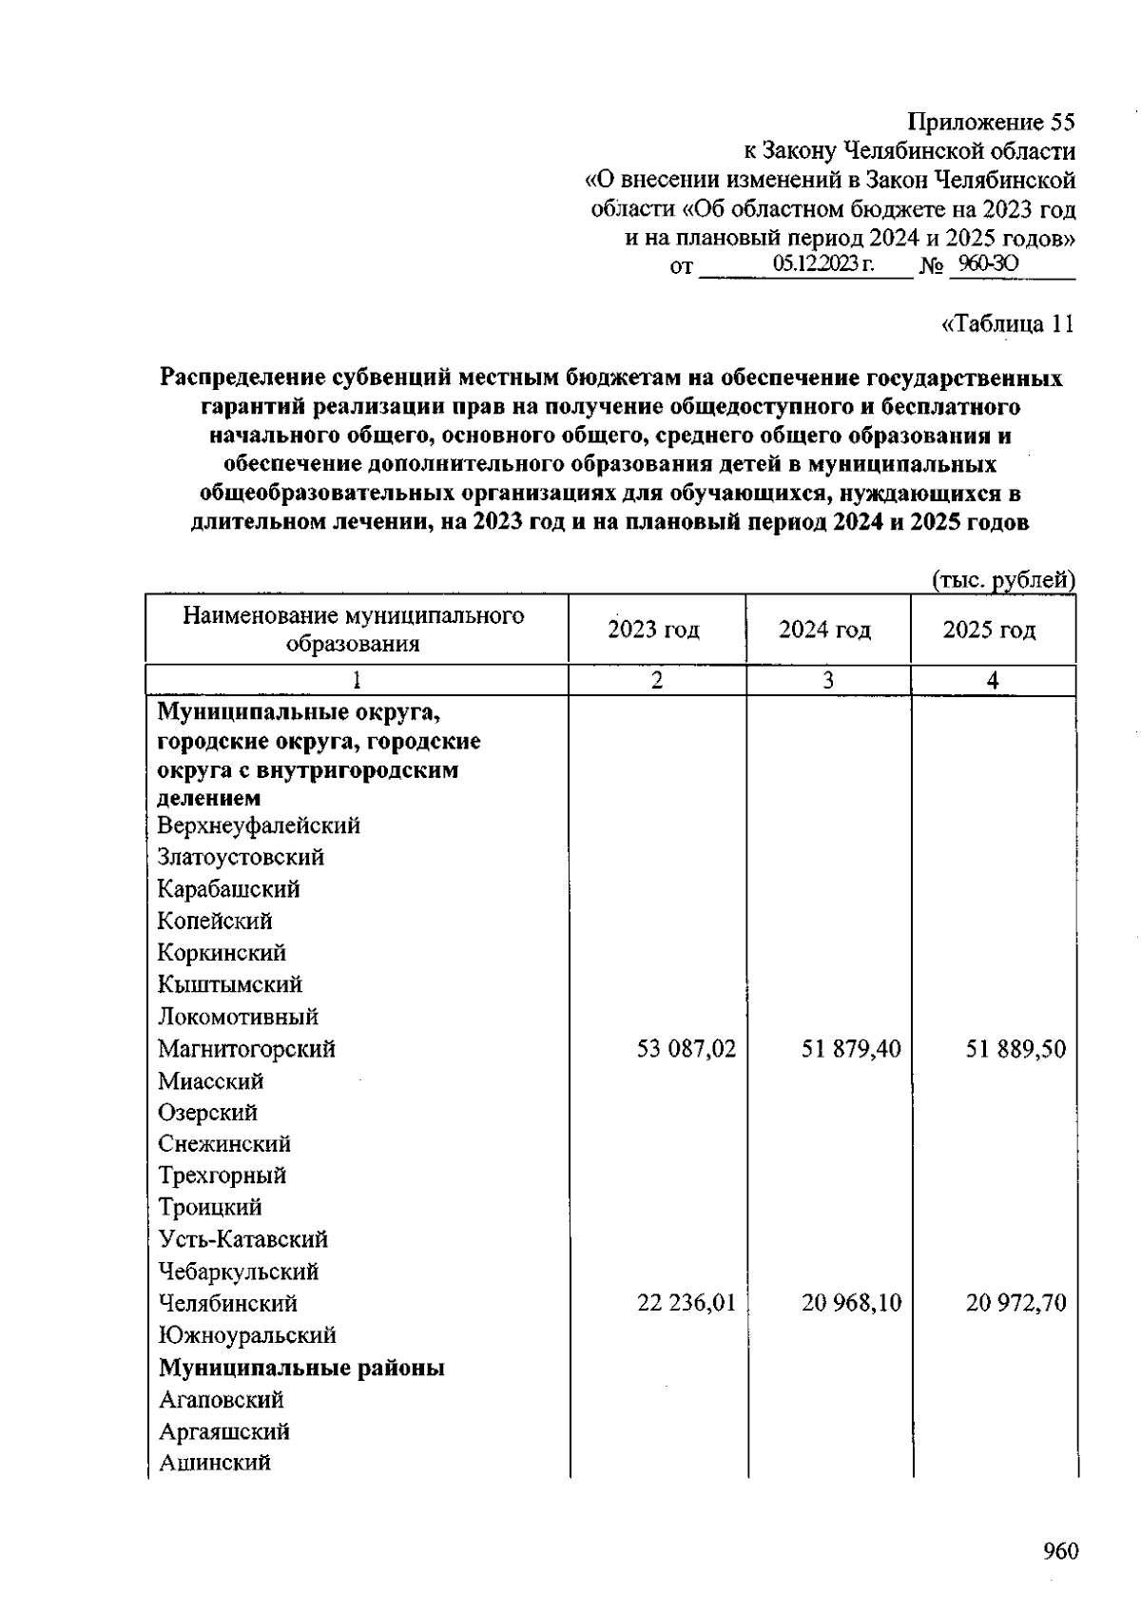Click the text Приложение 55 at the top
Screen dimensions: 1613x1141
[x=991, y=123]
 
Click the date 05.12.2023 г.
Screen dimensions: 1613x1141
[x=823, y=264]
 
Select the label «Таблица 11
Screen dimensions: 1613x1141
[x=1007, y=324]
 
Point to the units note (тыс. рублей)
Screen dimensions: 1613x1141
[x=1003, y=580]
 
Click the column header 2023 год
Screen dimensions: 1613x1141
[x=654, y=630]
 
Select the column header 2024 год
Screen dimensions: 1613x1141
[x=824, y=630]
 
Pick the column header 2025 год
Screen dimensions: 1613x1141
[x=989, y=630]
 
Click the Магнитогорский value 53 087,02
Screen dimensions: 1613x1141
[x=686, y=1049]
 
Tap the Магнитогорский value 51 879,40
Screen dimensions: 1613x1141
[x=851, y=1049]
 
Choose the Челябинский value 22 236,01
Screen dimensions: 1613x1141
[x=686, y=1303]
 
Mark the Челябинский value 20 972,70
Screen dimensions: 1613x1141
[x=1015, y=1303]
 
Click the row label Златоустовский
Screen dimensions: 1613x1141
[x=241, y=857]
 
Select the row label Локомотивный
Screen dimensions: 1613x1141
[x=238, y=1017]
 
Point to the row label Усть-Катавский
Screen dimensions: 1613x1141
[x=242, y=1239]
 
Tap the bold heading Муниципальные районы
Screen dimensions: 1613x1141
[x=301, y=1368]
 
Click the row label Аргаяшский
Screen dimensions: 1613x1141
[x=223, y=1431]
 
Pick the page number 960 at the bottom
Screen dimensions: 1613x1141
[x=1060, y=1551]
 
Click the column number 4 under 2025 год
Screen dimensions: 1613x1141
[x=993, y=681]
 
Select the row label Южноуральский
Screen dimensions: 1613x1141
[x=246, y=1335]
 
